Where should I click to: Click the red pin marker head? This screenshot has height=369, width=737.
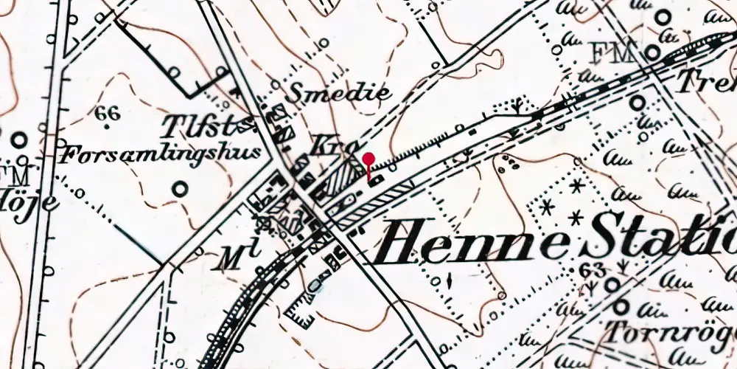(368, 158)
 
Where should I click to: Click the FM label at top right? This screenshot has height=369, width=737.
(611, 53)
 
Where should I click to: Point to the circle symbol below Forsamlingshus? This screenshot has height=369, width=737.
(179, 189)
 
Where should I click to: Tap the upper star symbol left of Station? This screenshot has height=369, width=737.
(576, 186)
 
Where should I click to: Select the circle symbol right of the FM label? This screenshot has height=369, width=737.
(653, 52)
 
